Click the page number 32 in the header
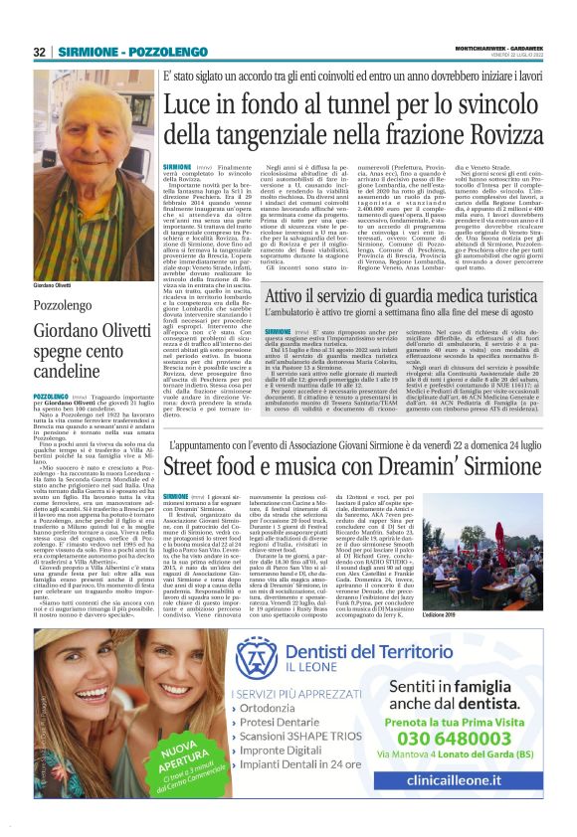pyautogui.click(x=39, y=52)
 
